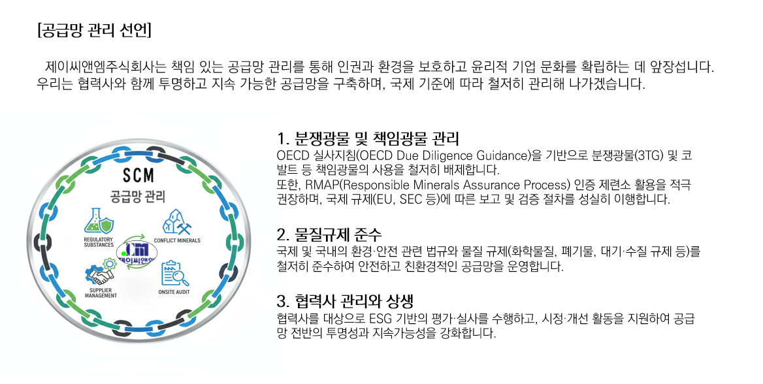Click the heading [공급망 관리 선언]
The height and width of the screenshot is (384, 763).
tap(95, 31)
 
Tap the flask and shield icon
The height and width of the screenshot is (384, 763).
tap(99, 222)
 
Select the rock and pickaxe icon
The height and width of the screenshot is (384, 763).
tap(176, 222)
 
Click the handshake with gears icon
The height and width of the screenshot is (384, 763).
tap(100, 272)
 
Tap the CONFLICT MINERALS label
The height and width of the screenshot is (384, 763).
tap(177, 240)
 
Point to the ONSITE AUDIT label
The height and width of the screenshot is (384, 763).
tap(174, 292)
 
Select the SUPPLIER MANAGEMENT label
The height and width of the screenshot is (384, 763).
tap(101, 293)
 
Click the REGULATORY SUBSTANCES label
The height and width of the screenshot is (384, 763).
tap(99, 242)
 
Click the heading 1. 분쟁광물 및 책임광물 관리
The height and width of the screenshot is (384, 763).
tap(368, 138)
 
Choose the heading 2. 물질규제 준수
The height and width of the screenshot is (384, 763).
tap(329, 234)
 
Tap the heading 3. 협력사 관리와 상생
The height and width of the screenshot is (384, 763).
tap(345, 301)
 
